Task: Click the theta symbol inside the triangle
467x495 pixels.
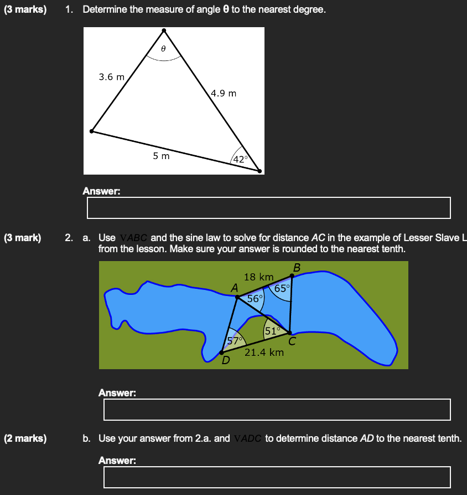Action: point(163,49)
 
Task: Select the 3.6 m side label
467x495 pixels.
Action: point(112,77)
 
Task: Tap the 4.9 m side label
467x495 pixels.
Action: point(224,93)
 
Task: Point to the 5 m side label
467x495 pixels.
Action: point(162,156)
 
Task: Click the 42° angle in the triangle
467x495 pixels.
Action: point(242,159)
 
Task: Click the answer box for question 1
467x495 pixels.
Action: point(268,208)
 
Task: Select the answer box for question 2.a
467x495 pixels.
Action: point(277,410)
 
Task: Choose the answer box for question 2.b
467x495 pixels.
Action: point(277,477)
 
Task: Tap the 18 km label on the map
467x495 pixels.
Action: point(258,277)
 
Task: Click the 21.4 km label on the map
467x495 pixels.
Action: point(264,352)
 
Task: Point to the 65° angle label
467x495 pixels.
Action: point(281,288)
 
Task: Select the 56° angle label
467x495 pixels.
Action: point(255,298)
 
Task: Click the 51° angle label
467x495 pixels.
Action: point(273,331)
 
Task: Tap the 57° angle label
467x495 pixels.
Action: point(235,340)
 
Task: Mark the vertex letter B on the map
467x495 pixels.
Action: point(297,267)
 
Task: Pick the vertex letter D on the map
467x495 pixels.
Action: point(225,361)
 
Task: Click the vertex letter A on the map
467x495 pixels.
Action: point(234,288)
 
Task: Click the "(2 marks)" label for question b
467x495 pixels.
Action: point(25,438)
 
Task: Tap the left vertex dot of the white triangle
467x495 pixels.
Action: point(92,131)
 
